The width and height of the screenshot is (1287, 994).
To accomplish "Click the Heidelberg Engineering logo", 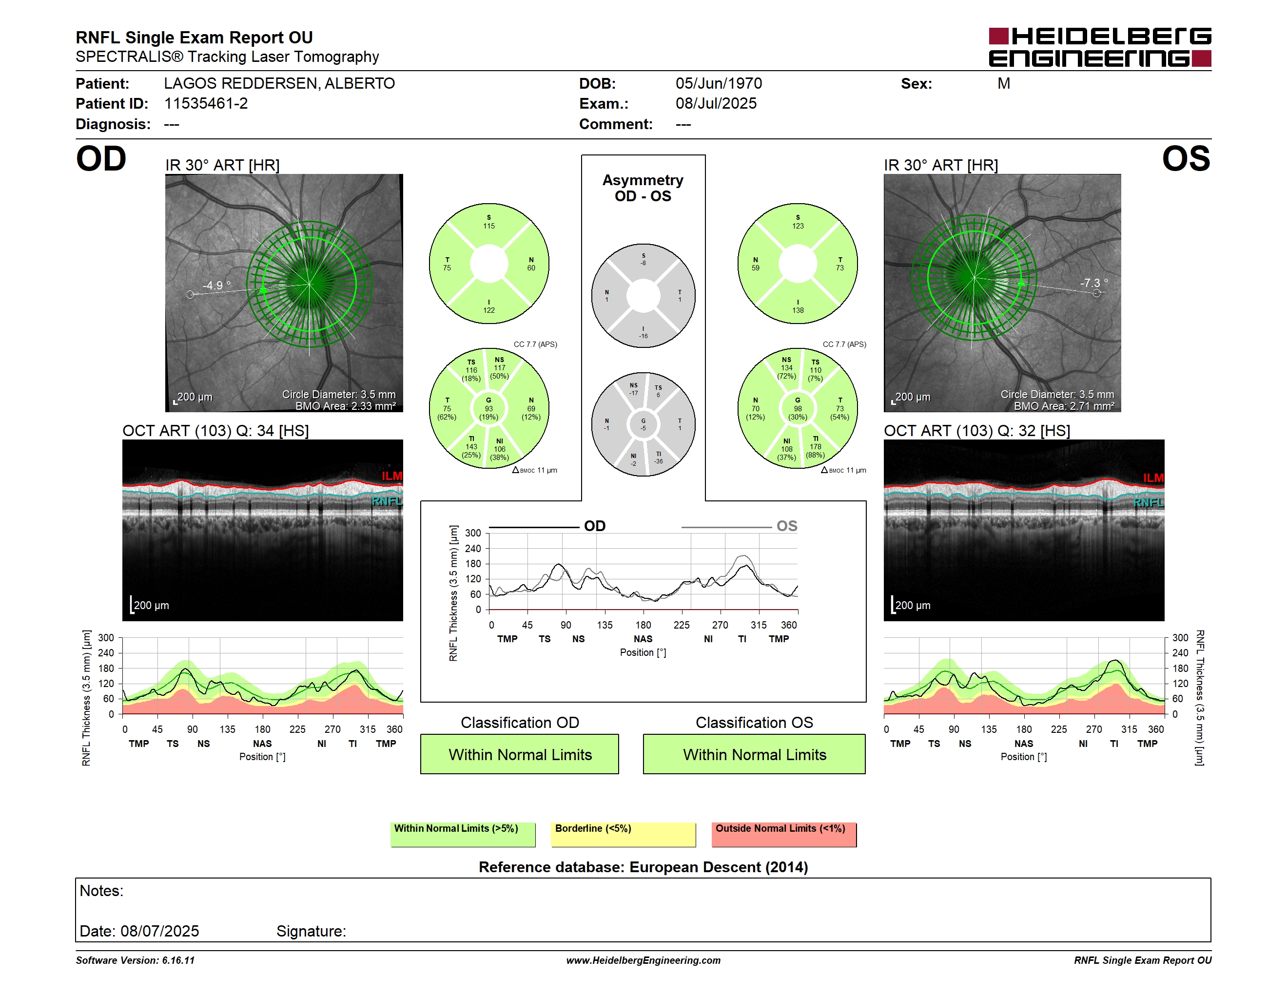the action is (1100, 47).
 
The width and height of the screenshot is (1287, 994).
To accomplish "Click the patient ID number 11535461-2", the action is (206, 104).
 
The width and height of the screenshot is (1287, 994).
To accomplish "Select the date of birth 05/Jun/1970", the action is (719, 84).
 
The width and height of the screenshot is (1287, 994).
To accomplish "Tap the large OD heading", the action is (101, 159).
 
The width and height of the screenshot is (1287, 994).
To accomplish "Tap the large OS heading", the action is (1186, 159).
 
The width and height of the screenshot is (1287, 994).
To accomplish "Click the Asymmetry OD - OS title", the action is (643, 188).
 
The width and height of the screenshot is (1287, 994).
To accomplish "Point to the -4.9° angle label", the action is (216, 285).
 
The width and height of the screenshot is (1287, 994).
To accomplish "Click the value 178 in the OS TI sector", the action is (815, 447).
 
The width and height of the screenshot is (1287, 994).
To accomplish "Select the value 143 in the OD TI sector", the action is (471, 447).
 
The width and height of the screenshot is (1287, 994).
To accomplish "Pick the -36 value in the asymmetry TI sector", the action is (658, 461).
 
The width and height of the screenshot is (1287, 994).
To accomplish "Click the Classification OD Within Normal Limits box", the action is (519, 754).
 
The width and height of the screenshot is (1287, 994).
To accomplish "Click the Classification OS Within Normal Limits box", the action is (754, 754).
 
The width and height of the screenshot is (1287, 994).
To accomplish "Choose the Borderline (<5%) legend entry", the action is (623, 834).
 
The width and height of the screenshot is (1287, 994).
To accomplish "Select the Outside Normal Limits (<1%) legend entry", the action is (784, 834).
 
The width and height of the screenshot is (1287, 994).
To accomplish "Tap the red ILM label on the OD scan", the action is (392, 476).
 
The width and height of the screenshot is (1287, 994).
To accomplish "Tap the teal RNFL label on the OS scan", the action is (1149, 502).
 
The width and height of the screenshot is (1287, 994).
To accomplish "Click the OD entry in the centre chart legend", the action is (595, 526).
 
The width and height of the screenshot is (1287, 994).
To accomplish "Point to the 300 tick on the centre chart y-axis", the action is (473, 533).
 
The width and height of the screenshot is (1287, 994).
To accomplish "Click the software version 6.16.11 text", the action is (178, 960).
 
